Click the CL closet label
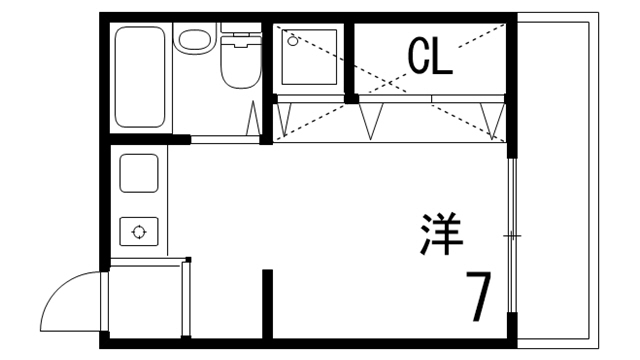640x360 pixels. tap(429, 58)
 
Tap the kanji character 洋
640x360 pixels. tap(440, 233)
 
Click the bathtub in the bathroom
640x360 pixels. tap(139, 76)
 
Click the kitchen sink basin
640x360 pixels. tap(139, 174)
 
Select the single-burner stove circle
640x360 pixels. tap(138, 232)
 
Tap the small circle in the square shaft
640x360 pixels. tap(293, 42)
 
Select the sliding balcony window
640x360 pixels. tap(512, 236)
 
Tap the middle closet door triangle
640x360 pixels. tap(373, 119)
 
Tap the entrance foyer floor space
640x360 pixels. tap(147, 298)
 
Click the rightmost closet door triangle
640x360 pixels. tap(490, 117)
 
